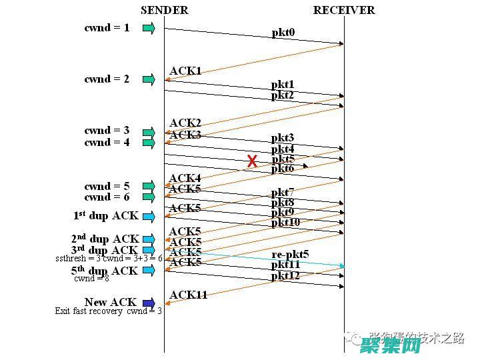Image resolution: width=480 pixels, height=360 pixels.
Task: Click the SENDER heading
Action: [164, 10]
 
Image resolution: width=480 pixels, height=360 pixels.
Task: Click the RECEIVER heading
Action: [344, 10]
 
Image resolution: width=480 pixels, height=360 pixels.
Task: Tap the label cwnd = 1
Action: [107, 28]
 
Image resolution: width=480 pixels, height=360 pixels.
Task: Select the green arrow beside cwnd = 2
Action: [148, 79]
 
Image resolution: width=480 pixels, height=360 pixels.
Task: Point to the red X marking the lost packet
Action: [252, 161]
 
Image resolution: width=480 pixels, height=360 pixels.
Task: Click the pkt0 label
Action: [283, 33]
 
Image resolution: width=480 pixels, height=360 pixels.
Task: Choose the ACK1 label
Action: [185, 71]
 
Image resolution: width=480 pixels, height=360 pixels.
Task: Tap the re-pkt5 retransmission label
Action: [290, 255]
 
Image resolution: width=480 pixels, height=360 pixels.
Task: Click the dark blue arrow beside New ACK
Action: [148, 303]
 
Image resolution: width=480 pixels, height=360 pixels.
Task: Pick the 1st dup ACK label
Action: [105, 216]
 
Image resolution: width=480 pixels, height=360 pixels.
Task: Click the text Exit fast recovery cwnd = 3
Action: [108, 311]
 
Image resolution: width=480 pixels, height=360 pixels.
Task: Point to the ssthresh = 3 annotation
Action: [78, 258]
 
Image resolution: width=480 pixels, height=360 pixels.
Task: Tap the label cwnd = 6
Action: [107, 197]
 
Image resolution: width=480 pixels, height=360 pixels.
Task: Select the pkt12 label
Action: [285, 275]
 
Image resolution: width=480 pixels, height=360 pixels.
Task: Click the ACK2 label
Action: [185, 123]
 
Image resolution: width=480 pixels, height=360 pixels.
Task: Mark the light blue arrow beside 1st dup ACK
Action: [148, 217]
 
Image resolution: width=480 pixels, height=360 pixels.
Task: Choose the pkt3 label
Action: [283, 138]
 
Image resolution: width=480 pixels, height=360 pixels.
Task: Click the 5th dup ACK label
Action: [105, 271]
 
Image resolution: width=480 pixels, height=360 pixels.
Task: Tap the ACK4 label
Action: [185, 178]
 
